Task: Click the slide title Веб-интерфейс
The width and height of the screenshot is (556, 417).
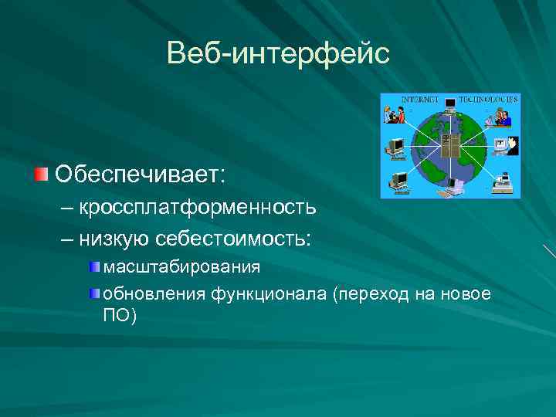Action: pyautogui.click(x=278, y=53)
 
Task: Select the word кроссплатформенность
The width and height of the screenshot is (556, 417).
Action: pyautogui.click(x=197, y=207)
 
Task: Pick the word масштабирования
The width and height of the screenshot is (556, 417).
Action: pyautogui.click(x=181, y=267)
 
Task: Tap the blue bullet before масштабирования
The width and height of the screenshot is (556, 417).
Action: pyautogui.click(x=94, y=267)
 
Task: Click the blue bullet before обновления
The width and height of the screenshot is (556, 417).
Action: pyautogui.click(x=94, y=293)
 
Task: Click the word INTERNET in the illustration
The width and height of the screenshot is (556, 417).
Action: pyautogui.click(x=420, y=100)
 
